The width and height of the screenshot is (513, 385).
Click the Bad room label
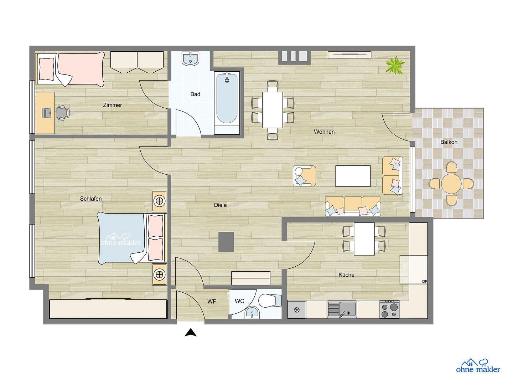pos(195,94)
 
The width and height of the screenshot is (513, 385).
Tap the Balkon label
pos(449,142)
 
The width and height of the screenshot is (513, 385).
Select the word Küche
pos(346,275)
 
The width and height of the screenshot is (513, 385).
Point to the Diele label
pos(220,205)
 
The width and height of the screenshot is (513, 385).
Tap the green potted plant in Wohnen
pos(395,65)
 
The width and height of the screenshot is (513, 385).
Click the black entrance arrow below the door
pos(191,333)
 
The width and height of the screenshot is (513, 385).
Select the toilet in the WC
pos(268,301)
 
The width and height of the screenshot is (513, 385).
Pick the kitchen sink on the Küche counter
pos(342,309)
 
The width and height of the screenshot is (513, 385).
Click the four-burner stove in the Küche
pos(389,309)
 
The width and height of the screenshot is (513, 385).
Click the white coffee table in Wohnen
pos(353,176)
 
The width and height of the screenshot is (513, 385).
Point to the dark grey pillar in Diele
pos(226,241)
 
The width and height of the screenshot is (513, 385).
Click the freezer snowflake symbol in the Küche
pos(296,309)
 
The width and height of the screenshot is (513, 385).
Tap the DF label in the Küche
pos(424,281)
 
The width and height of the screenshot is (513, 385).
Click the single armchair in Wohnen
pos(304,176)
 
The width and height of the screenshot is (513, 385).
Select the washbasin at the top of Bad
pos(191,58)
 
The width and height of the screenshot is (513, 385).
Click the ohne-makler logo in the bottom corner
pos(478,366)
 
